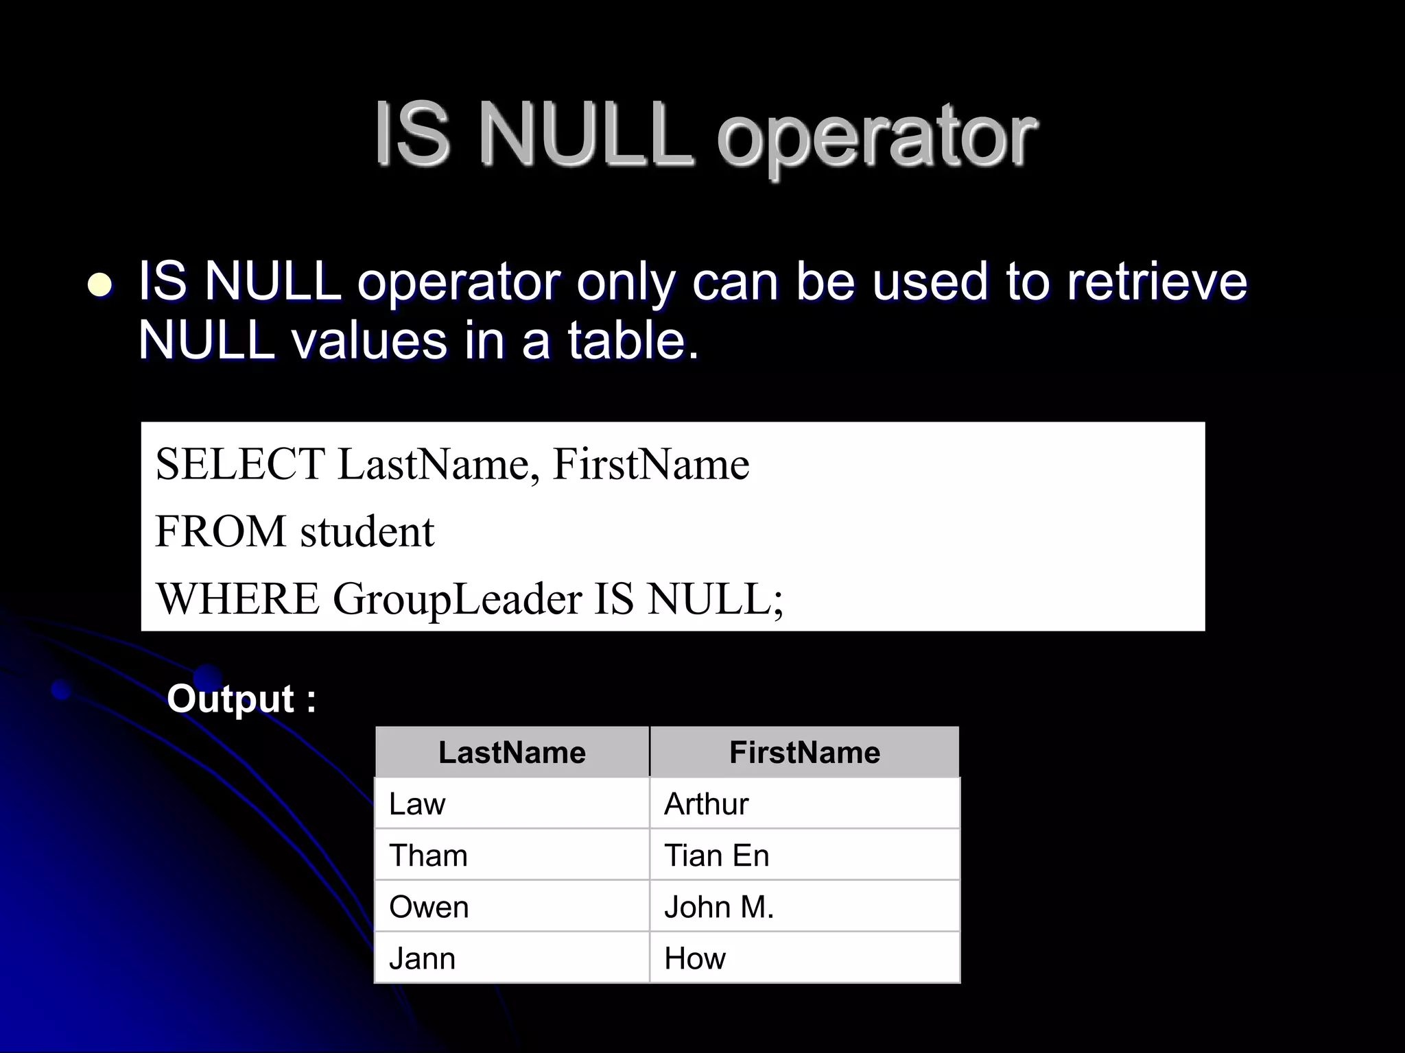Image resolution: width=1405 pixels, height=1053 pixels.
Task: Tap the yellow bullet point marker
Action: pos(101,284)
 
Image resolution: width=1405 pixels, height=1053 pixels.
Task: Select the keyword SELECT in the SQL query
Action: pos(240,464)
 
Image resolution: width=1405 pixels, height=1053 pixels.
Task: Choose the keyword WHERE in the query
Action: pos(238,598)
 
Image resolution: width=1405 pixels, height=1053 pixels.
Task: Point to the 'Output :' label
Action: pos(241,699)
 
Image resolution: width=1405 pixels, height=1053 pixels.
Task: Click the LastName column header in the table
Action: pos(512,752)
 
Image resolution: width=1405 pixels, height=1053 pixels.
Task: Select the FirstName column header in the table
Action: pos(804,752)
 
